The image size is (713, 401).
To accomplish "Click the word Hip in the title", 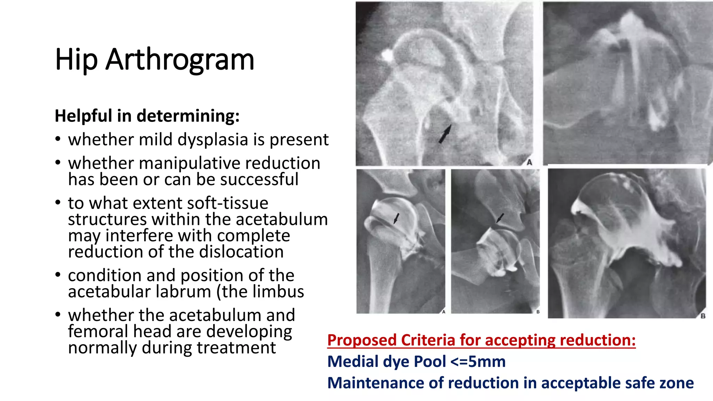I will (76, 60).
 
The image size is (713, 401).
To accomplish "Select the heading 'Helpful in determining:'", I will (147, 116).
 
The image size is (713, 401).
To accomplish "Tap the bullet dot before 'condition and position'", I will (58, 275).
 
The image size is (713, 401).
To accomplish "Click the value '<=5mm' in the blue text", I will (478, 362).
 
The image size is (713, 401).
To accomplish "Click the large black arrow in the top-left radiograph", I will (445, 134).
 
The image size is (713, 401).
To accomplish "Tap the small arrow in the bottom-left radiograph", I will (396, 219).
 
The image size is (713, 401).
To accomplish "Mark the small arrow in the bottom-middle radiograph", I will (500, 218).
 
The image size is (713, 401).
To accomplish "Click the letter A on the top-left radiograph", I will (529, 162).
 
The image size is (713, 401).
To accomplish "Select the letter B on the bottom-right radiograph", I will (703, 316).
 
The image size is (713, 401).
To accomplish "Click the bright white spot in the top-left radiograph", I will (387, 55).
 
